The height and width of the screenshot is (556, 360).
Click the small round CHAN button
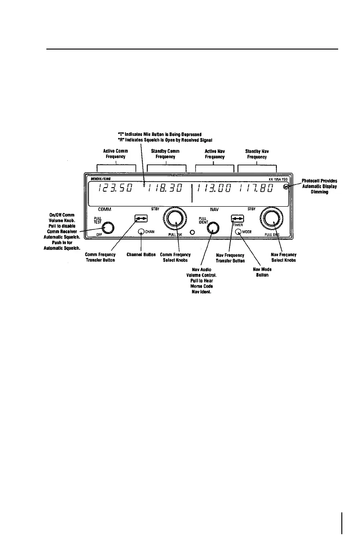coord(141,231)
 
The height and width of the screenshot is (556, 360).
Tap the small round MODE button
coord(238,231)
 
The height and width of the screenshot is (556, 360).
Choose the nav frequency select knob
coord(271,219)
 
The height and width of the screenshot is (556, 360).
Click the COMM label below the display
coord(105,210)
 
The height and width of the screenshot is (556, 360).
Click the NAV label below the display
coord(215,210)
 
